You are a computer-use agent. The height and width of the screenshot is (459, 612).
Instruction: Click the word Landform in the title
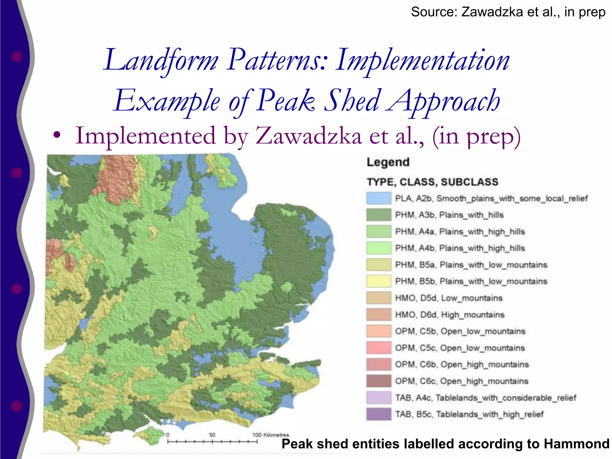161,61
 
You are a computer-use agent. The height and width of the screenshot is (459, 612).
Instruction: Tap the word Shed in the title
353,101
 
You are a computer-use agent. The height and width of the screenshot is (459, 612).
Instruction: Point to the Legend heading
388,162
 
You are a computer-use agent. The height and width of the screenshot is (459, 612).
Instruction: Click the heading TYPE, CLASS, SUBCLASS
432,182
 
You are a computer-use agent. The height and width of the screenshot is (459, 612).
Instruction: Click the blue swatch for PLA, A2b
379,198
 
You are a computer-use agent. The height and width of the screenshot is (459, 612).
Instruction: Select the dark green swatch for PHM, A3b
379,215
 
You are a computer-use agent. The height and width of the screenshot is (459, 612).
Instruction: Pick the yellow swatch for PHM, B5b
379,281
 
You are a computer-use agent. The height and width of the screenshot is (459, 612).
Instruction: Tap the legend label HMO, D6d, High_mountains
449,315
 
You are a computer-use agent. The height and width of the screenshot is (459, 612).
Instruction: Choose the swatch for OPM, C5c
379,348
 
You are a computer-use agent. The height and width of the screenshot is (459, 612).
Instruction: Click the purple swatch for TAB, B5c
379,414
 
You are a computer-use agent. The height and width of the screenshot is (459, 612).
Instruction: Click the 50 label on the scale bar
212,435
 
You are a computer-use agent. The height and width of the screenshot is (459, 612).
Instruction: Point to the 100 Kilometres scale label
270,435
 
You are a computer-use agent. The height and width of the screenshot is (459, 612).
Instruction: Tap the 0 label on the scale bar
168,435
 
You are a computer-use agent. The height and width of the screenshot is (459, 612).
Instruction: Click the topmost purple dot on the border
17,56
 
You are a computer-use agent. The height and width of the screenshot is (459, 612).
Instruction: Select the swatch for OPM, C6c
379,381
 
